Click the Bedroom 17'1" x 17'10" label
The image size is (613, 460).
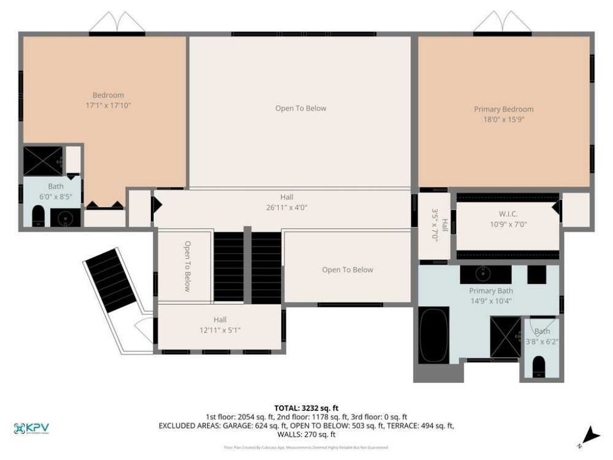coord(108,100)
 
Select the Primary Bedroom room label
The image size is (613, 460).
coord(503,114)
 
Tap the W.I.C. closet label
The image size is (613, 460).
coord(508,220)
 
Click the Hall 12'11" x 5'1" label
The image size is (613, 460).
coord(220,325)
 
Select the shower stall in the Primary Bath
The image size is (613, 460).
coord(505,337)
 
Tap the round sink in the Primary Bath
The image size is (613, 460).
coord(484,274)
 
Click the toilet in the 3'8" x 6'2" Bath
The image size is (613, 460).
coord(539,365)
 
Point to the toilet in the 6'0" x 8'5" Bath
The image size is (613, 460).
coord(38,216)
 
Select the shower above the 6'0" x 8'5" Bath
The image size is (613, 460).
coord(43,161)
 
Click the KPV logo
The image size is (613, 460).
coord(31,428)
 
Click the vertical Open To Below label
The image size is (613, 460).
coord(187,266)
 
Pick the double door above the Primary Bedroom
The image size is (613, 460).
coord(503,23)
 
